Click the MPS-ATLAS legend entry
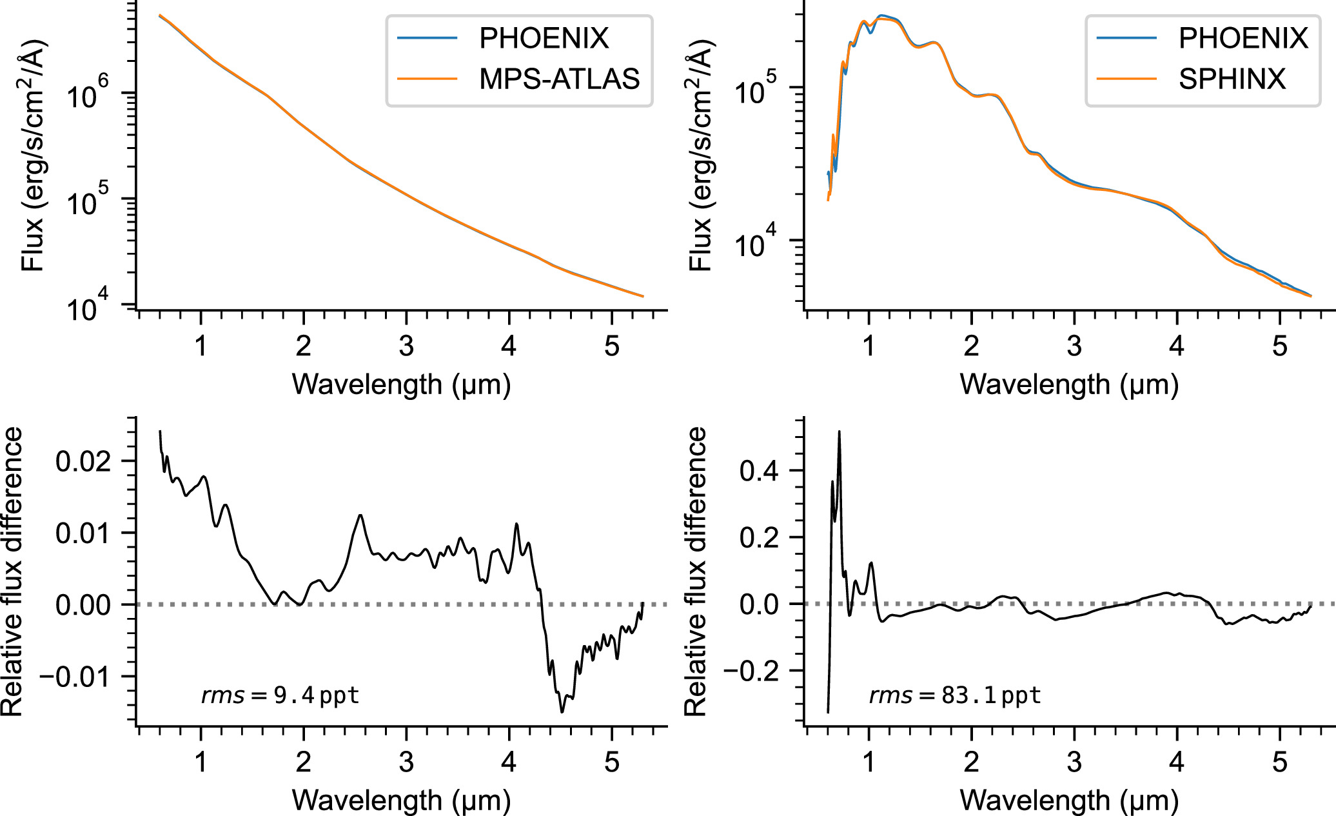558,79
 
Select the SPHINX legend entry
1232,79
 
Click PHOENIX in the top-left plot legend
544,39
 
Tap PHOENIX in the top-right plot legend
1243,39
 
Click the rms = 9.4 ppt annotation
280,695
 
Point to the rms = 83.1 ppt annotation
954,695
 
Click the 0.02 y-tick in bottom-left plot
83,461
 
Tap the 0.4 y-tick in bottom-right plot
759,471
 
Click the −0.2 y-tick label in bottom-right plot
751,672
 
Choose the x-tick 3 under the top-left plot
406,346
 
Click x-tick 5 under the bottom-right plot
1280,762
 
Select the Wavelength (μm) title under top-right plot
1069,384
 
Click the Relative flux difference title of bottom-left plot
13,572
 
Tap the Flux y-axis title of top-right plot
702,155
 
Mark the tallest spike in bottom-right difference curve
839,432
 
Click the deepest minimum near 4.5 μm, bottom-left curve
562,712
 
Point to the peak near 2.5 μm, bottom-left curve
360,515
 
